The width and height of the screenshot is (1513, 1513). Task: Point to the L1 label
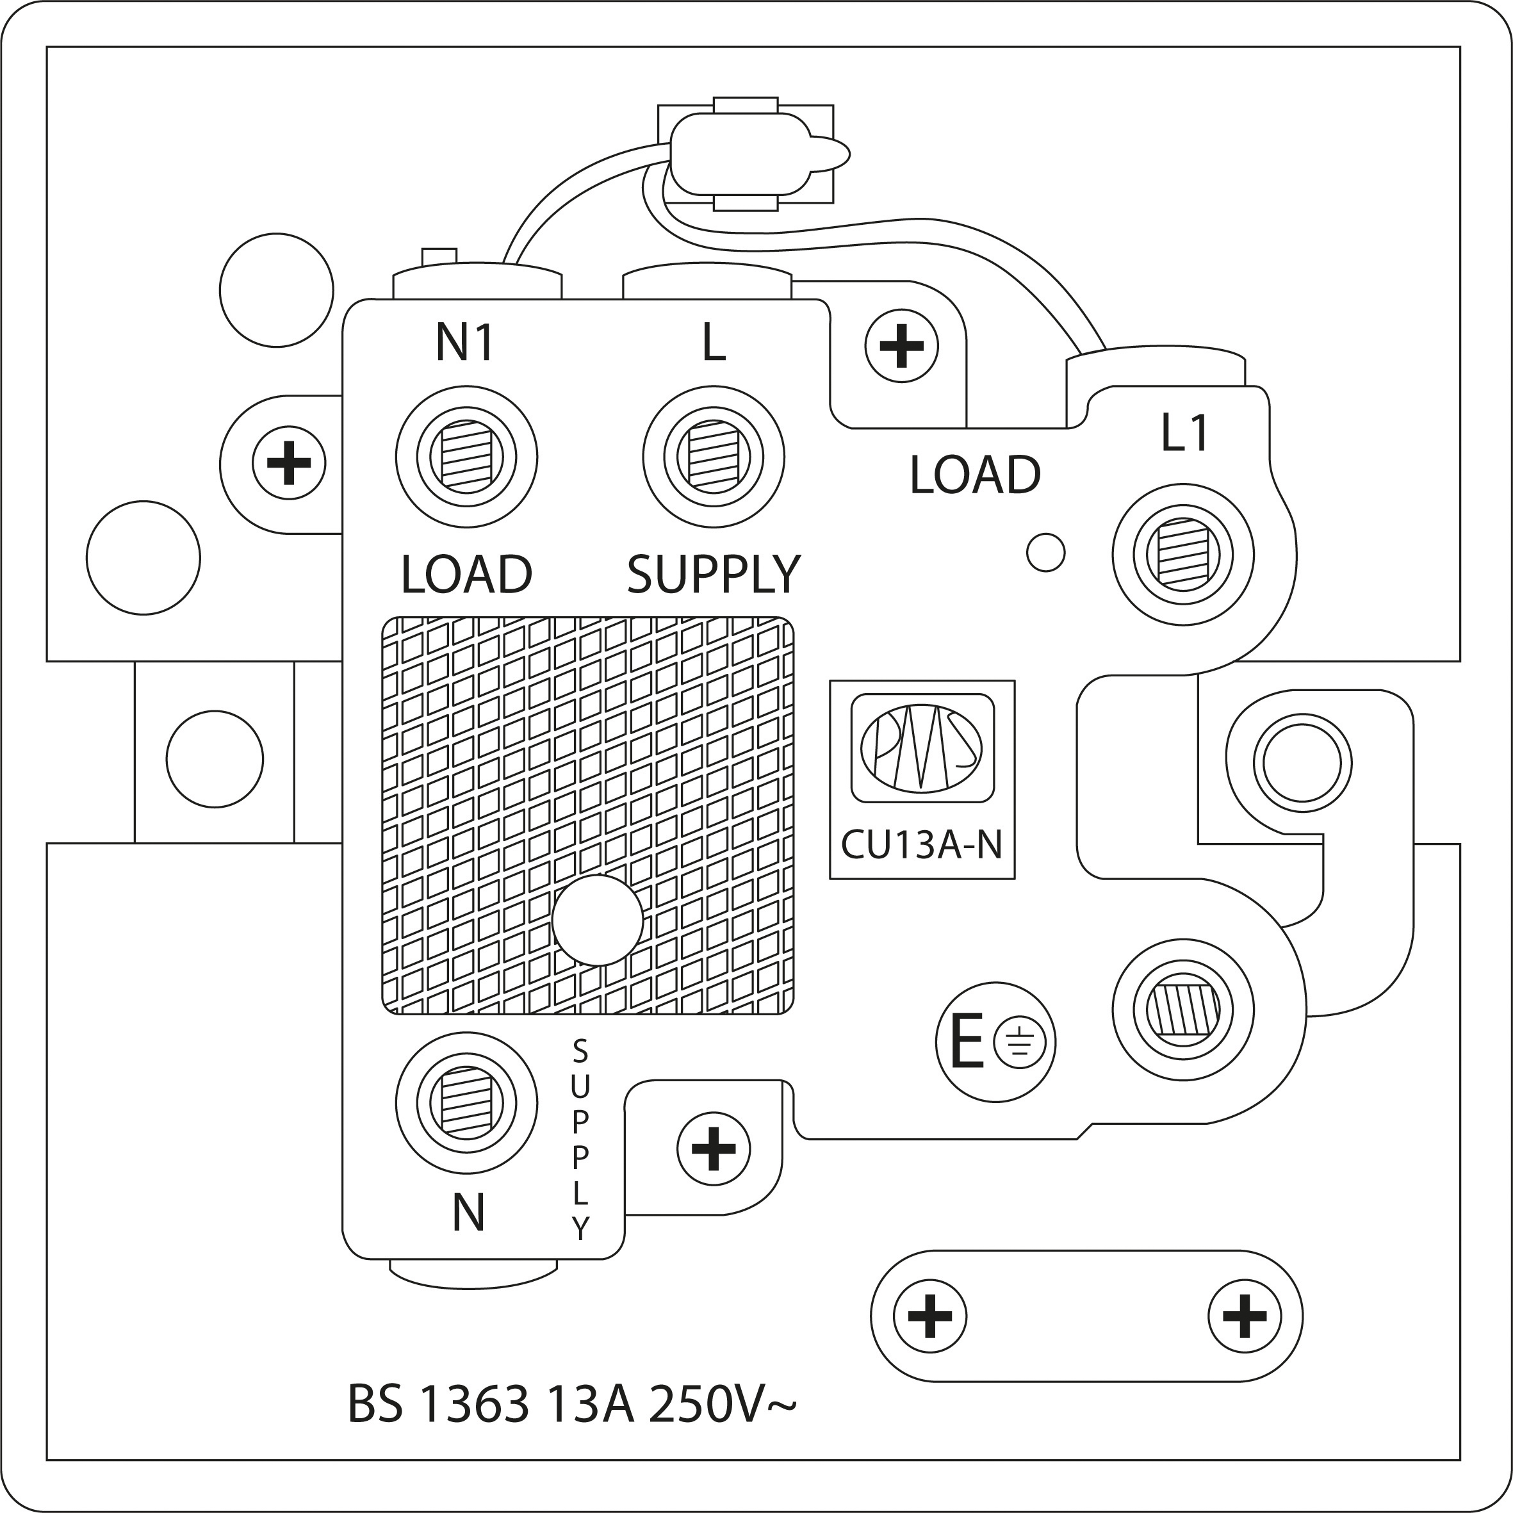pyautogui.click(x=1185, y=434)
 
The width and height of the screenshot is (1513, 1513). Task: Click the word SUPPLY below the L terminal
pyautogui.click(x=714, y=574)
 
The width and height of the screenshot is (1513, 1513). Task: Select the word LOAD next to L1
pyautogui.click(x=975, y=475)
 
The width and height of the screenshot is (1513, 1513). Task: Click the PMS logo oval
pyautogui.click(x=922, y=748)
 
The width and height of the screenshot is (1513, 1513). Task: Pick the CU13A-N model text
pyautogui.click(x=922, y=845)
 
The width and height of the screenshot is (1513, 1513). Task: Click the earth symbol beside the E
pyautogui.click(x=1019, y=1043)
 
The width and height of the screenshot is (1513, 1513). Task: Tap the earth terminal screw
pyautogui.click(x=1182, y=1010)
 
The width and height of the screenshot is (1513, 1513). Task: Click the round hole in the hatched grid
pyautogui.click(x=598, y=920)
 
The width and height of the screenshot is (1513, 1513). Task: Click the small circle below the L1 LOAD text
pyautogui.click(x=1045, y=552)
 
